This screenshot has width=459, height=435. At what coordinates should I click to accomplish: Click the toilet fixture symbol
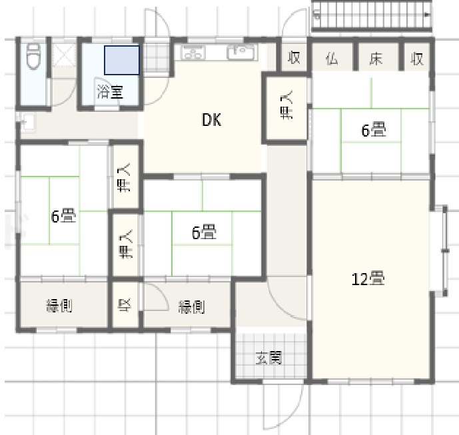click(x=33, y=57)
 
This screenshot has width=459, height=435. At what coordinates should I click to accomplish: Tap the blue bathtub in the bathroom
click(x=122, y=60)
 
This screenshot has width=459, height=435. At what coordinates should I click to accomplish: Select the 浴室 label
click(x=110, y=92)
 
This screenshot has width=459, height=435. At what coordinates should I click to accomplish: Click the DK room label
click(x=212, y=120)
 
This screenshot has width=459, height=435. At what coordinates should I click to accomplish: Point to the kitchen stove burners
click(x=193, y=53)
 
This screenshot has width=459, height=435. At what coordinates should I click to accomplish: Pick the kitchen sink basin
click(x=242, y=52)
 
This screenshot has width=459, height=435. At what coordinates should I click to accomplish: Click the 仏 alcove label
click(x=332, y=59)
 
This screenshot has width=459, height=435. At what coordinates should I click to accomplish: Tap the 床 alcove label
click(x=376, y=59)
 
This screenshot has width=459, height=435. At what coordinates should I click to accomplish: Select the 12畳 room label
click(x=368, y=279)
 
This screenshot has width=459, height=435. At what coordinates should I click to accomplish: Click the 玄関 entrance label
click(x=268, y=358)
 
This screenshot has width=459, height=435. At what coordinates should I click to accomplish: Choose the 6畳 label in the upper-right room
click(x=374, y=131)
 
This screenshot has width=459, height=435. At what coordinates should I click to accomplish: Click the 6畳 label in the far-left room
click(x=63, y=216)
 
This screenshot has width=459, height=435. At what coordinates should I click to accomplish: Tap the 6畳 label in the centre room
click(x=204, y=232)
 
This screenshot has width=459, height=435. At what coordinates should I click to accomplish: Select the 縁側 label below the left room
click(x=59, y=306)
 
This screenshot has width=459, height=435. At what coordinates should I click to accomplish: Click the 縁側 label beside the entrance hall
click(x=191, y=307)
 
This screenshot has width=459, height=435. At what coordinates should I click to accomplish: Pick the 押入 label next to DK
click(x=286, y=105)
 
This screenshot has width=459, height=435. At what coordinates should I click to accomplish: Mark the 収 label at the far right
click(x=417, y=59)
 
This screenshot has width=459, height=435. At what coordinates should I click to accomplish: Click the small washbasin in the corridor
click(x=27, y=122)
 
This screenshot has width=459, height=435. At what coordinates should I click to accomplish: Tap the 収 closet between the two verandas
click(x=125, y=305)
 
